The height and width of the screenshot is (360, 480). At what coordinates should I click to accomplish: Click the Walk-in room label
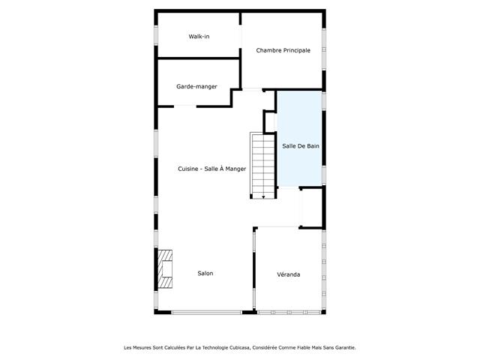click(x=199, y=37)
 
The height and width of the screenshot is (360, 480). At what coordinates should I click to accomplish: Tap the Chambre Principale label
click(x=283, y=50)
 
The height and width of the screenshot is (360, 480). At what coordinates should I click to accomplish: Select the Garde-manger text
click(x=196, y=86)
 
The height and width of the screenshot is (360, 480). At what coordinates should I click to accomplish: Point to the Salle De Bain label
click(x=301, y=146)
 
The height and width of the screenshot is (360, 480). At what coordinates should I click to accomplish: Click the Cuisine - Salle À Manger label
click(x=211, y=169)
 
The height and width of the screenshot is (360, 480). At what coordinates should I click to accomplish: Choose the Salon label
click(x=205, y=273)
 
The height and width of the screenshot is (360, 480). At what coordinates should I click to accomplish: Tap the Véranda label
click(x=288, y=274)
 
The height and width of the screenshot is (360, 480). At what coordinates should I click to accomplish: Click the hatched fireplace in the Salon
click(x=165, y=269)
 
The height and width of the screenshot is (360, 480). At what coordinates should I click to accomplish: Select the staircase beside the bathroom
click(x=262, y=165)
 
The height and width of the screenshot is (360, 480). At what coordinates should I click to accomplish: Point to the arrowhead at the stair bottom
click(x=263, y=197)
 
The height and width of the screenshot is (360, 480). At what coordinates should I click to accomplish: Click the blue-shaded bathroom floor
click(x=300, y=138)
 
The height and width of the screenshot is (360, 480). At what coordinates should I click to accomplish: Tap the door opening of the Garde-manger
click(x=185, y=106)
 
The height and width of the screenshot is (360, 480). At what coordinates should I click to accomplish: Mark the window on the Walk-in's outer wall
click(x=156, y=35)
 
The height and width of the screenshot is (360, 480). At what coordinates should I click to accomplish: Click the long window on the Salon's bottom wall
click(x=207, y=313)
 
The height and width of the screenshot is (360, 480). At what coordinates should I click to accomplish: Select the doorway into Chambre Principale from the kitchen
click(x=252, y=90)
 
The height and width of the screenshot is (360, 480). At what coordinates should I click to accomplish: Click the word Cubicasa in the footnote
click(x=240, y=348)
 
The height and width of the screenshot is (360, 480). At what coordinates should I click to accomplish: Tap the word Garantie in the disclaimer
click(x=345, y=348)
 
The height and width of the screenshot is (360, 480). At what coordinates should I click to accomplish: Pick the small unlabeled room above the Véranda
click(x=312, y=208)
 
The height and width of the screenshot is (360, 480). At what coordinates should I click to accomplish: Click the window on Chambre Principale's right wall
click(x=324, y=49)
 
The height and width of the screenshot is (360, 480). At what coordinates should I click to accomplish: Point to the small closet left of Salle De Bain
click(x=270, y=121)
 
